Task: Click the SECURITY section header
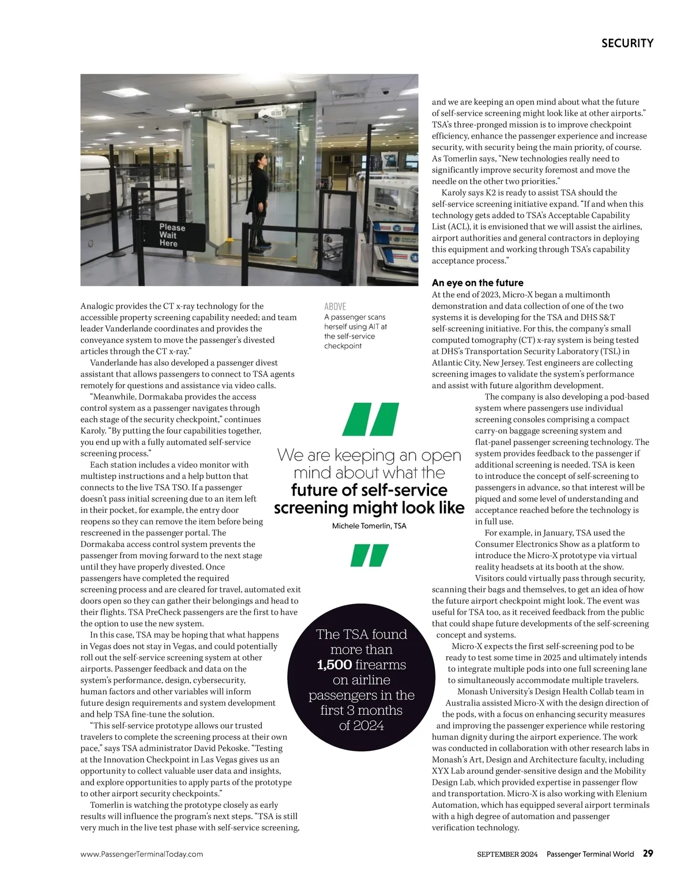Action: click(x=627, y=43)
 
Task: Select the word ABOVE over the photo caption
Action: click(x=335, y=306)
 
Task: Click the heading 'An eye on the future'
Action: click(x=477, y=283)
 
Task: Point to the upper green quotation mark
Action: click(x=370, y=419)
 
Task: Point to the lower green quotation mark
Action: click(x=370, y=555)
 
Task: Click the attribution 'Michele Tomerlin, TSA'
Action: click(x=369, y=526)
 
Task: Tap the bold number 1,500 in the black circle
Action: click(x=334, y=665)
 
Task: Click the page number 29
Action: click(x=648, y=853)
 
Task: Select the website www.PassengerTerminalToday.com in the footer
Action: click(x=142, y=854)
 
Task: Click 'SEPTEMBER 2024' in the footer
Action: click(x=507, y=854)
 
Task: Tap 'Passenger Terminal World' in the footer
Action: click(x=590, y=854)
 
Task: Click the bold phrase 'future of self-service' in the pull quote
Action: click(x=369, y=490)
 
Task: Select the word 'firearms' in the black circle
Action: click(x=383, y=665)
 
